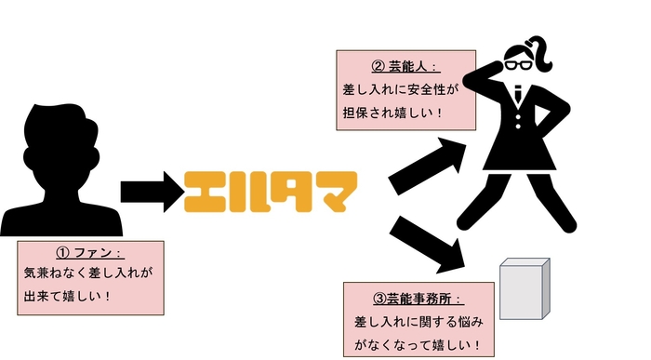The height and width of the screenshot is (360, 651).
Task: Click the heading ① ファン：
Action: pyautogui.click(x=90, y=252)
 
